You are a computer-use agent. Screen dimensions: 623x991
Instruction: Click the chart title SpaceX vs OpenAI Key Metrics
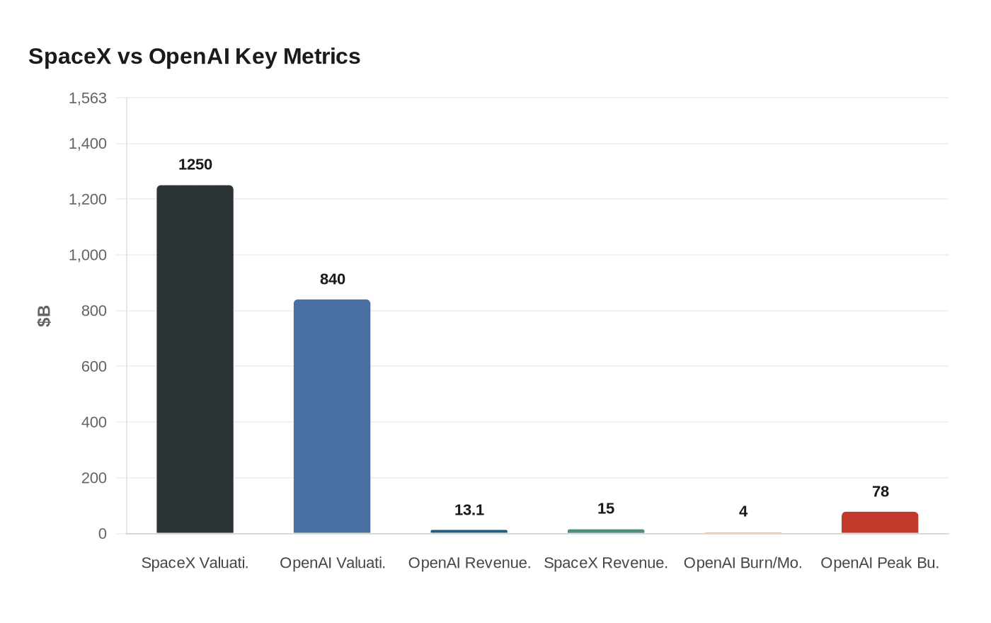[194, 57]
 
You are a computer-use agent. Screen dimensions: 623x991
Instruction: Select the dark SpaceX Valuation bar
[195, 359]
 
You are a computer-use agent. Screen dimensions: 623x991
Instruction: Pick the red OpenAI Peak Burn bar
[879, 522]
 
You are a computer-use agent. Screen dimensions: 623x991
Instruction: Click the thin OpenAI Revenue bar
[469, 531]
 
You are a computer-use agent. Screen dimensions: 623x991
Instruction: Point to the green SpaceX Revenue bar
[606, 531]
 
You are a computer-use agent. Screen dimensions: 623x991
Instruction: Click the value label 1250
[195, 165]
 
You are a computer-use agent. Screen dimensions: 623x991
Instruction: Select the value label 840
[332, 280]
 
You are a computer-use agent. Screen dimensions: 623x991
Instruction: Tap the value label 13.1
[469, 510]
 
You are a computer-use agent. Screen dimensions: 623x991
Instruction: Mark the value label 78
[880, 492]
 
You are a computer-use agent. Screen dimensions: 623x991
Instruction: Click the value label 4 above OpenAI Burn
[743, 512]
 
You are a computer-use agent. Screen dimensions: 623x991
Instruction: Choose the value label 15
[606, 509]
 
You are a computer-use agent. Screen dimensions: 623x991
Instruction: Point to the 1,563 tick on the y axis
[88, 98]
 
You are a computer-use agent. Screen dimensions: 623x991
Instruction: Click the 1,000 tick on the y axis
[88, 255]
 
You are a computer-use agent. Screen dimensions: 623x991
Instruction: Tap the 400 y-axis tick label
[93, 422]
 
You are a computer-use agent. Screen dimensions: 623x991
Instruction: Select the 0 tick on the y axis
[103, 534]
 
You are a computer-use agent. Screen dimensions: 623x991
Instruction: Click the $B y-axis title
[44, 316]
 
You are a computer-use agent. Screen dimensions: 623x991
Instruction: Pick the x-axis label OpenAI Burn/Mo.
[743, 564]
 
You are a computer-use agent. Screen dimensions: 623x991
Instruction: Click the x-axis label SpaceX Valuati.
[195, 564]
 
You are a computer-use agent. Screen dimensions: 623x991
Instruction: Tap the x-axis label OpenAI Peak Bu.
[879, 564]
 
